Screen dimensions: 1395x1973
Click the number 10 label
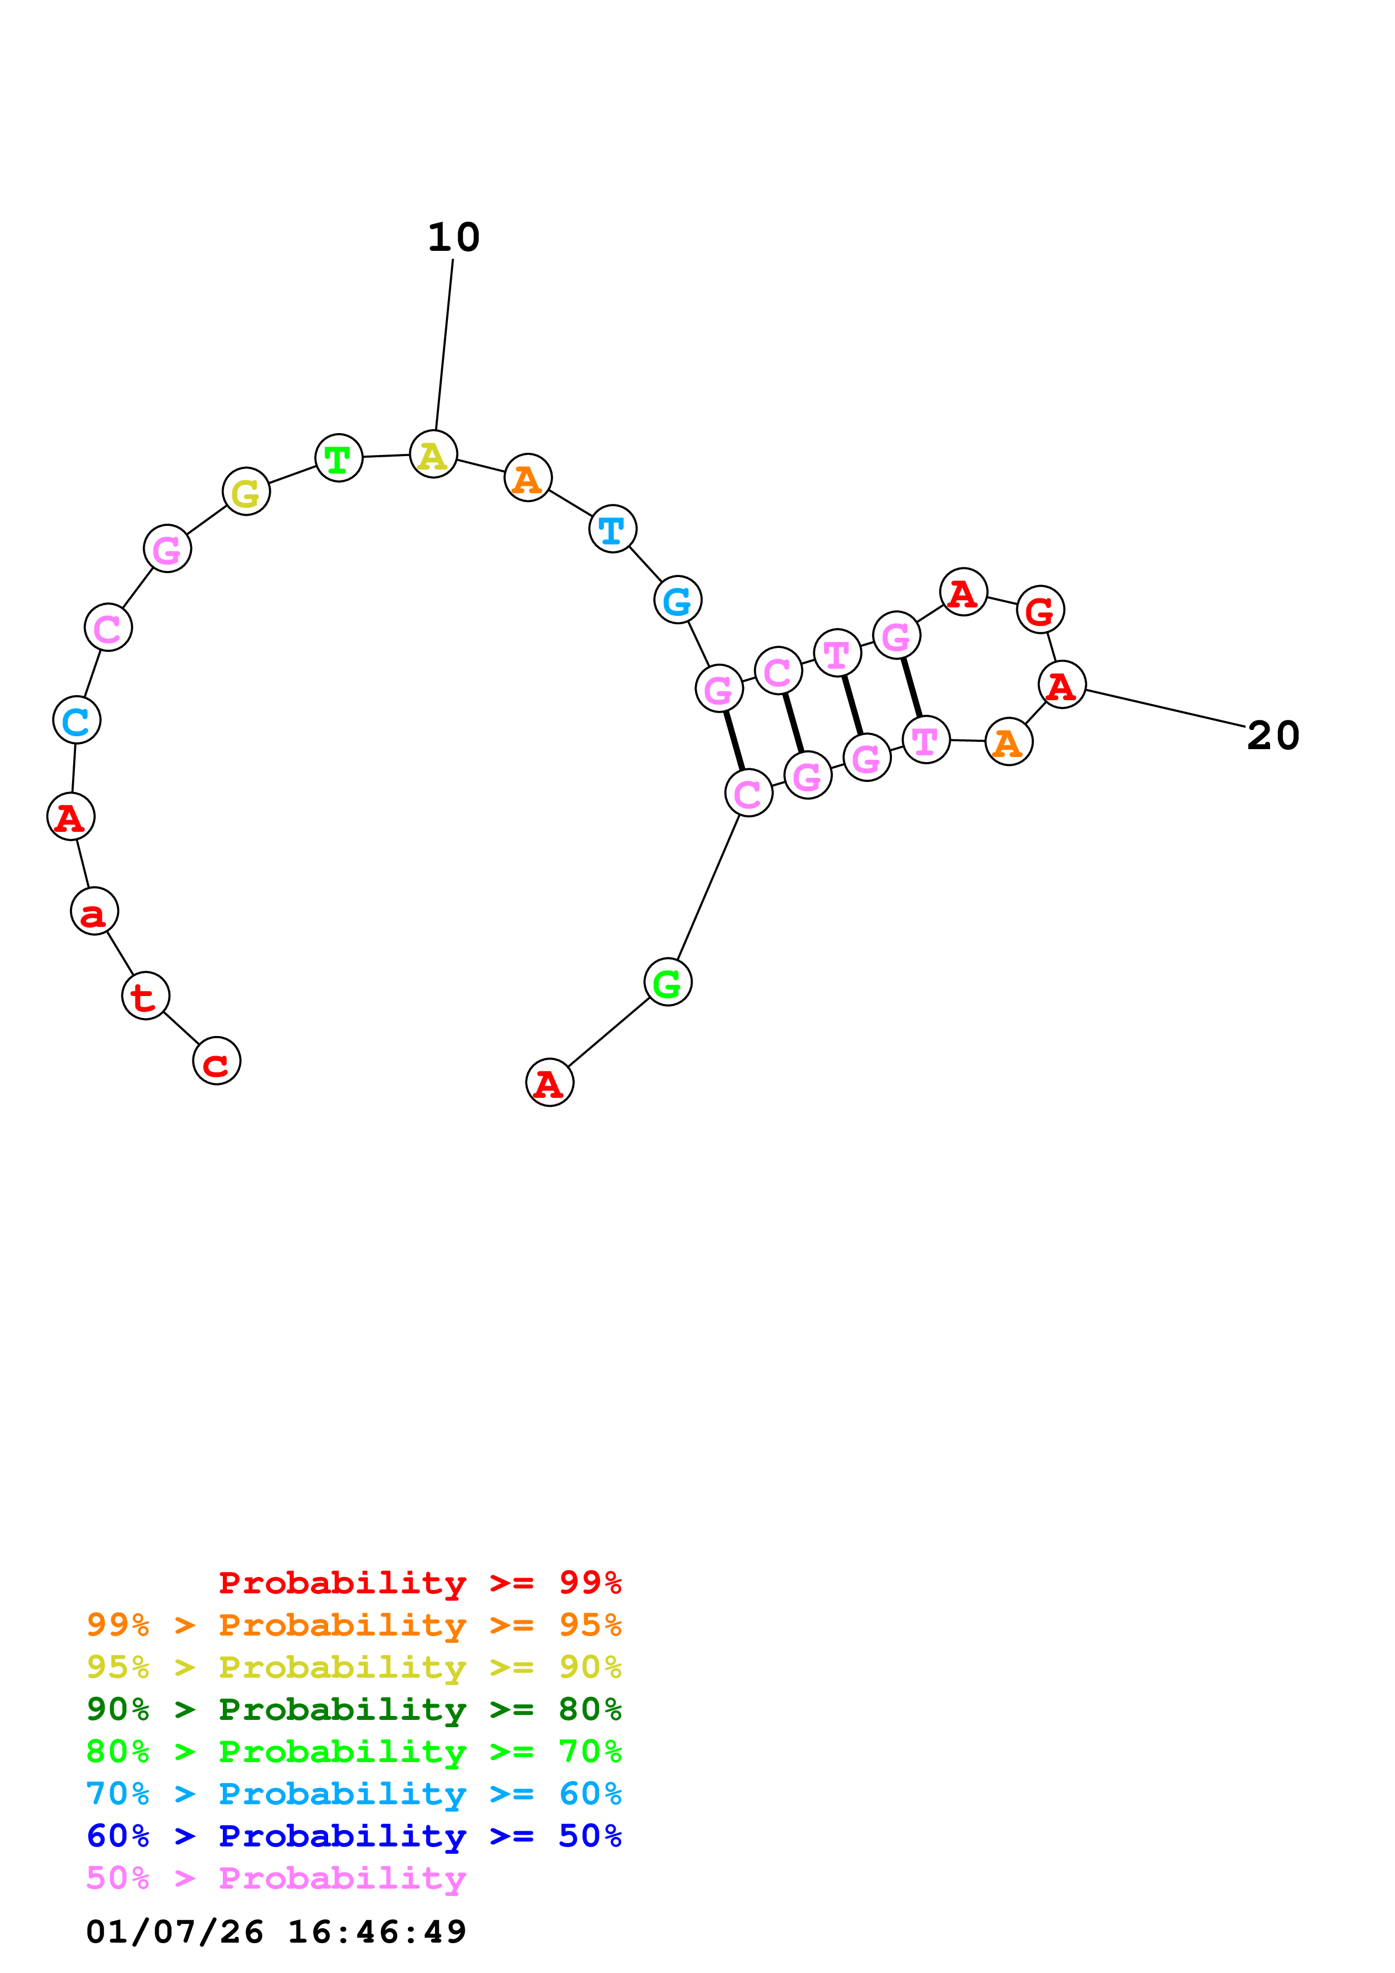click(453, 237)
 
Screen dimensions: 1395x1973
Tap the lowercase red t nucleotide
click(145, 996)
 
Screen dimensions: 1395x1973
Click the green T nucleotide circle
click(339, 458)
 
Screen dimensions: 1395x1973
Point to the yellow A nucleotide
click(433, 454)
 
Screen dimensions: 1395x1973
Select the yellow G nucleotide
click(246, 492)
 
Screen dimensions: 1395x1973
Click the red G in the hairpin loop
click(1040, 610)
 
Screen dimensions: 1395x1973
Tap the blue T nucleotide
click(612, 529)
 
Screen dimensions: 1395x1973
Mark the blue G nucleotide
click(678, 600)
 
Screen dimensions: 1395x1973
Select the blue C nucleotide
click(77, 720)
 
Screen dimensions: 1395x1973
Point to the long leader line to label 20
click(1165, 708)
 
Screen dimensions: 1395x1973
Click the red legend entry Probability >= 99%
click(419, 1583)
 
